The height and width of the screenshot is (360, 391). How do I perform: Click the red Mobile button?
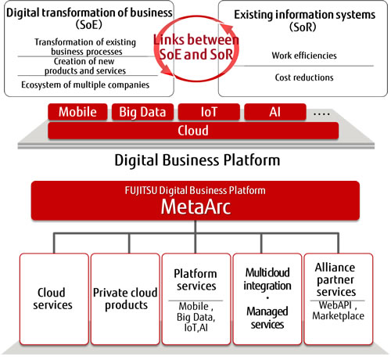coord(77,111)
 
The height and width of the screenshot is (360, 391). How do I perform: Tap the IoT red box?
coord(208,111)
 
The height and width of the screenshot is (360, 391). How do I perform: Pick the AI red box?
coord(274,111)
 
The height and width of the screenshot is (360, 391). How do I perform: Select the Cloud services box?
coord(54,300)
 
